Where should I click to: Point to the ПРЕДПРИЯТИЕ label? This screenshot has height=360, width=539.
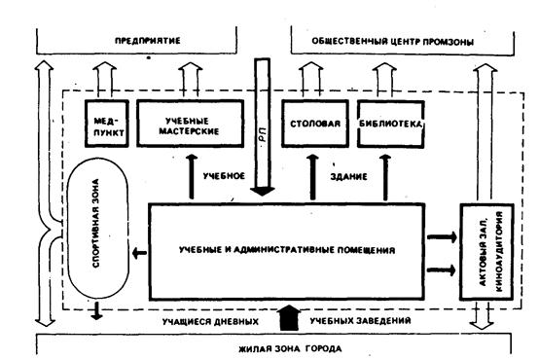148,41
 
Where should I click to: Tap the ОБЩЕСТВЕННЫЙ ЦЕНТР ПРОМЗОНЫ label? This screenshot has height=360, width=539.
392,42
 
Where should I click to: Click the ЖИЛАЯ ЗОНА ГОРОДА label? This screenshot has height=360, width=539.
290,349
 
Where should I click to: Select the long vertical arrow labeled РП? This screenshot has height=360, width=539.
262,126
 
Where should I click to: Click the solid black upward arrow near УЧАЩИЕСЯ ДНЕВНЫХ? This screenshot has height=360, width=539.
289,318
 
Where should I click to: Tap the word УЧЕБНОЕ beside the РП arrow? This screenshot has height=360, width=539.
224,176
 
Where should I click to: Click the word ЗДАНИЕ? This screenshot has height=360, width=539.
348,177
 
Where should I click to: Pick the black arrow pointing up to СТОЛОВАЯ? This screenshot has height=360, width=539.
312,177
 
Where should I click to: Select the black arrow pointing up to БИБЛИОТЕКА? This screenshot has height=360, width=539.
385,177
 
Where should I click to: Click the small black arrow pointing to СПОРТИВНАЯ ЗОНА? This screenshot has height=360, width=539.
139,253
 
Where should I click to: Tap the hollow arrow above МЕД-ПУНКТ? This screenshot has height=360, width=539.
105,80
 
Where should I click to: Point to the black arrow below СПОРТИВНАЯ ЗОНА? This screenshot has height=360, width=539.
96,310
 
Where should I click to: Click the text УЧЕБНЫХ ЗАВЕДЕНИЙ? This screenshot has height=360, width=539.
360,321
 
